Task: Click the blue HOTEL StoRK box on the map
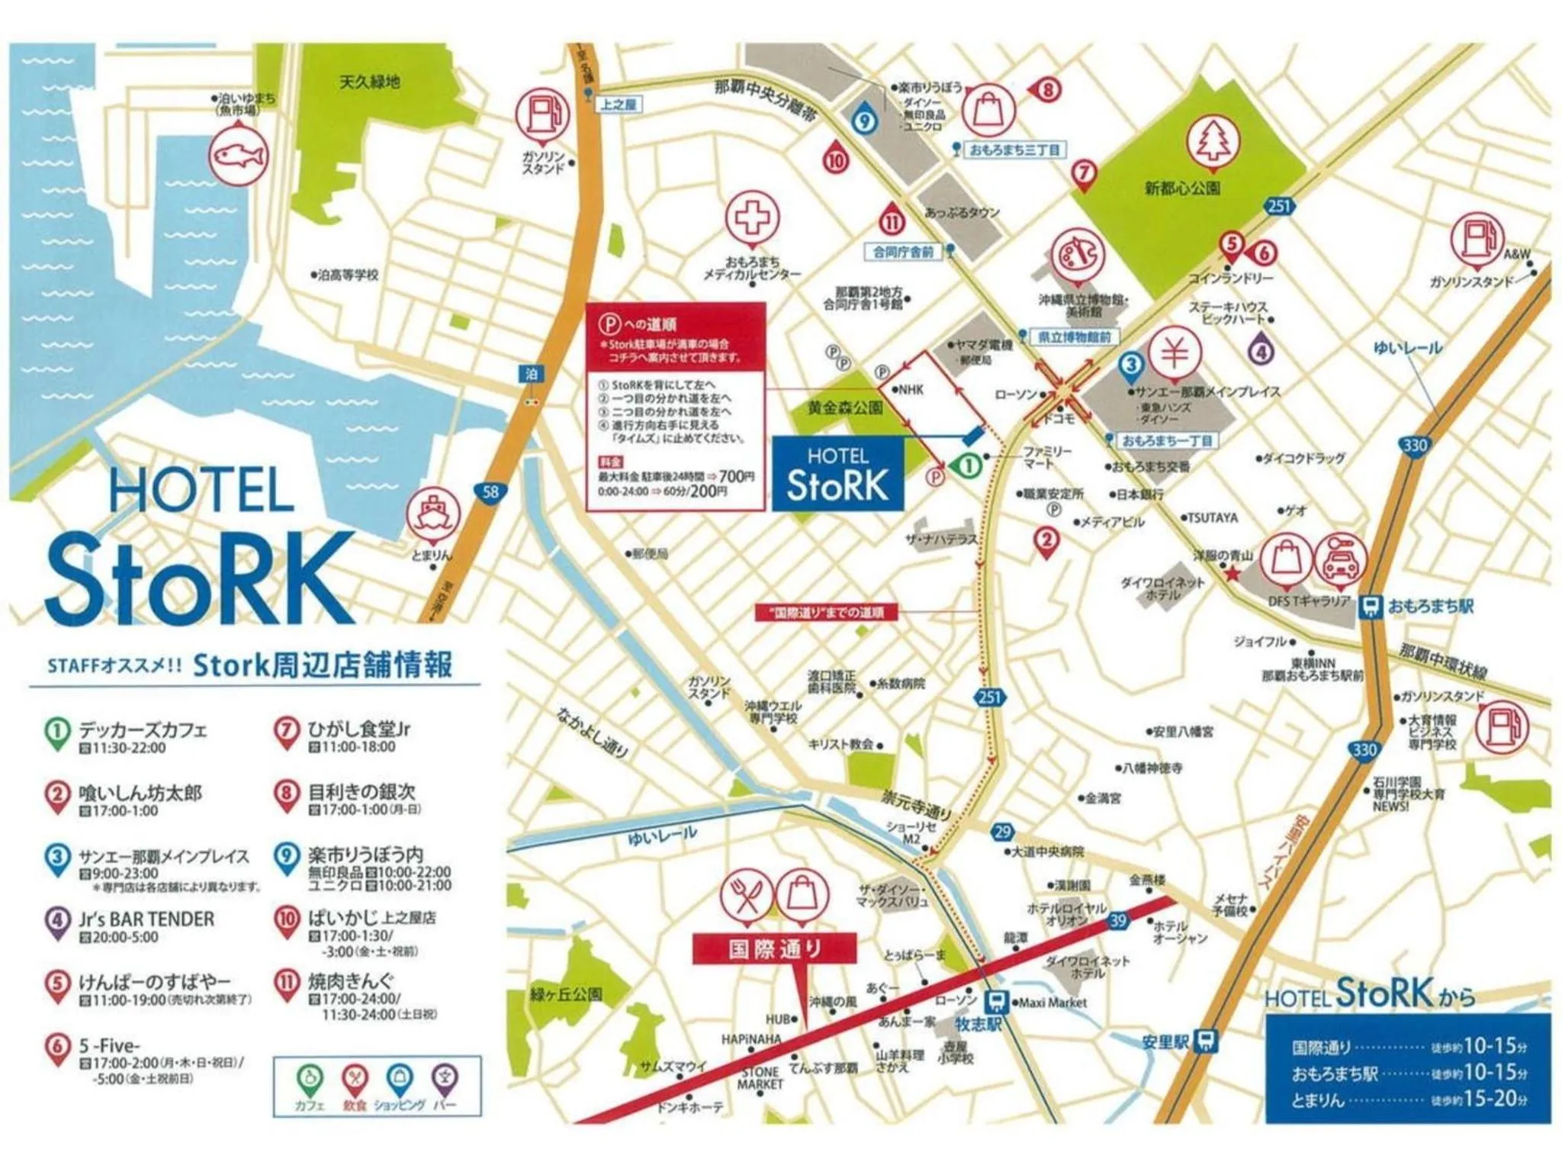pyautogui.click(x=837, y=474)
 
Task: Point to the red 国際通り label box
pyautogui.click(x=774, y=949)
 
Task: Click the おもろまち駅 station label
pyautogui.click(x=1429, y=607)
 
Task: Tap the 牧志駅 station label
pyautogui.click(x=979, y=1024)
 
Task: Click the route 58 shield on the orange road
pyautogui.click(x=490, y=491)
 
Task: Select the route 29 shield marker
pyautogui.click(x=1002, y=832)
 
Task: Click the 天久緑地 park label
pyautogui.click(x=369, y=82)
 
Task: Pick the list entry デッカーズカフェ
pyautogui.click(x=142, y=730)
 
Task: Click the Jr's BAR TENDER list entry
pyautogui.click(x=146, y=919)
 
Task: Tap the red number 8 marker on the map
pyautogui.click(x=1048, y=90)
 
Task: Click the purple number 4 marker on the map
pyautogui.click(x=1261, y=352)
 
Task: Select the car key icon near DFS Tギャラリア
pyautogui.click(x=1340, y=559)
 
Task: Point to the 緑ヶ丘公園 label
pyautogui.click(x=566, y=994)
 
